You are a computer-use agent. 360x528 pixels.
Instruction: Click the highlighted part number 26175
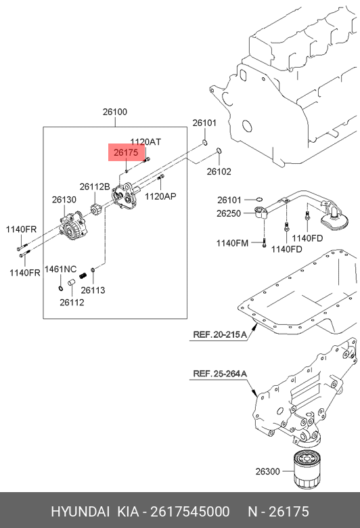(126, 152)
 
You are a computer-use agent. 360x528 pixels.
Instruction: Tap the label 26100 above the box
(115, 112)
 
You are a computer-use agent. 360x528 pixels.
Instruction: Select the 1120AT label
(145, 141)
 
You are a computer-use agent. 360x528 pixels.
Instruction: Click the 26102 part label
(219, 171)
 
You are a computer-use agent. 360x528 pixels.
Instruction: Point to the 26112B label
(95, 186)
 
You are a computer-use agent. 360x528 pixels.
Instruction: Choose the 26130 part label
(64, 200)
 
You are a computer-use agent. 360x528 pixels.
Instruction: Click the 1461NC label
(61, 269)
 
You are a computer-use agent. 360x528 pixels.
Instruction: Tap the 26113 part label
(93, 290)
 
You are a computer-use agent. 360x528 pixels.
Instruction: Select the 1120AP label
(160, 196)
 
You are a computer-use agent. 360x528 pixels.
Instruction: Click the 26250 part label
(229, 213)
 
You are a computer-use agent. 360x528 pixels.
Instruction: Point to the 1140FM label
(232, 243)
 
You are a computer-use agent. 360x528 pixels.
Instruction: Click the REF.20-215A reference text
(220, 334)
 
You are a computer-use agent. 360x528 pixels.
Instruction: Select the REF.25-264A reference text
(220, 374)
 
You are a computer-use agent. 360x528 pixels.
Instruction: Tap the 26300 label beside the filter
(268, 471)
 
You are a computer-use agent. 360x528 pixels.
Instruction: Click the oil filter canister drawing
(308, 468)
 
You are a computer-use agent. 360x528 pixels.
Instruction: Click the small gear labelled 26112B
(95, 212)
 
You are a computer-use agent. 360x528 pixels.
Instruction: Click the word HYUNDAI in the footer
(80, 512)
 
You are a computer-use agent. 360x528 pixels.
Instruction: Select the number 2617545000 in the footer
(190, 512)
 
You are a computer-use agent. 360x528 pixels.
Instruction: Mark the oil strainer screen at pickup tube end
(334, 221)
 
